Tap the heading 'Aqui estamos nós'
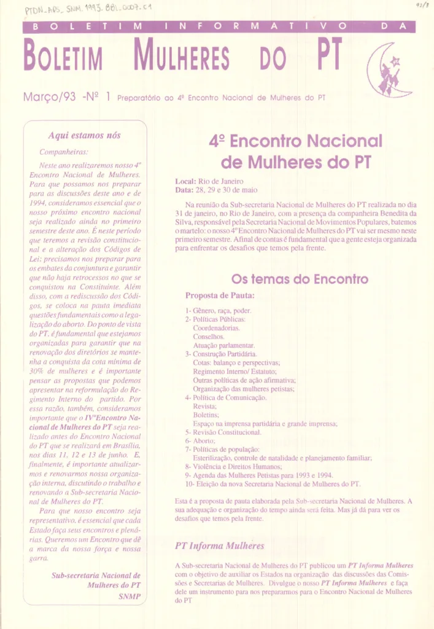pos(84,135)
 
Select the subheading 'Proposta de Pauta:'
pos(220,295)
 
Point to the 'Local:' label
pos(185,181)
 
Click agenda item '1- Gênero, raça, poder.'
pos(217,311)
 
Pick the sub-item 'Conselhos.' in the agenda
pos(209,337)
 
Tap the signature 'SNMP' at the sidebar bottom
pos(130,596)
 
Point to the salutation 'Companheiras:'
pos(64,151)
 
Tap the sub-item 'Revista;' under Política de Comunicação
pos(204,406)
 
